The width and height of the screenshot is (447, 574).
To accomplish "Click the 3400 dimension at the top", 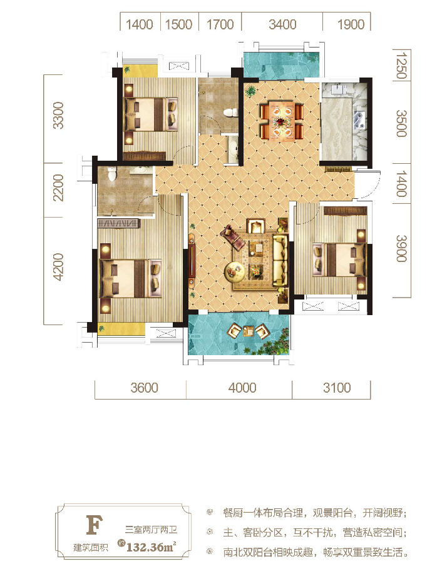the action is pos(282,24).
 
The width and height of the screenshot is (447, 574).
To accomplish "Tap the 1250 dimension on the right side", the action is pos(401,66).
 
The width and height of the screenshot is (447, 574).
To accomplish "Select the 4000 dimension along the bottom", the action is pos(242,388).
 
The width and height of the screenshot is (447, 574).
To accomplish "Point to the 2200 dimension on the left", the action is pos(58,188).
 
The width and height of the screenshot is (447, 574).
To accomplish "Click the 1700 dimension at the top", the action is pos(220,24).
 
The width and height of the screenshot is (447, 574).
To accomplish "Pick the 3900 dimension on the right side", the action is pos(401,249).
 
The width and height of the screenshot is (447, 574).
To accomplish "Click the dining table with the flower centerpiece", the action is pos(282,121).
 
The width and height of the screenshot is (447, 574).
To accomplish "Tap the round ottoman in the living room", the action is pos(235,271).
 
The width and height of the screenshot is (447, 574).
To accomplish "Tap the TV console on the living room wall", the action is pos(192,259).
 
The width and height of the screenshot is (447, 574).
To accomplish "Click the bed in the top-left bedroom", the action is pos(151,114).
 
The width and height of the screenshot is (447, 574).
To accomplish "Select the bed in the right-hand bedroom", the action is pos(339,259).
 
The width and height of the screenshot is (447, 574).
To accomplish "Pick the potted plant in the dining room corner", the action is pos(251,91).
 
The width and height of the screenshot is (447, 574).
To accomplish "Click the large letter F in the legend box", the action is pos(94,525).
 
